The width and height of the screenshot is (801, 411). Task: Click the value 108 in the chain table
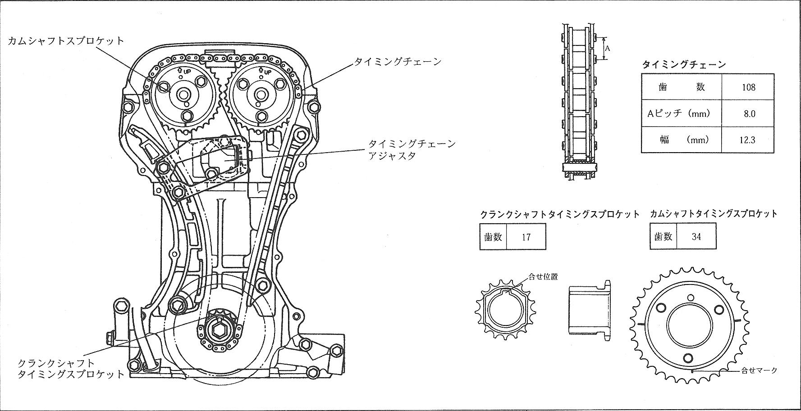pos(748,87)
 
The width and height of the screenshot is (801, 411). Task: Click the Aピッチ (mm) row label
pos(678,113)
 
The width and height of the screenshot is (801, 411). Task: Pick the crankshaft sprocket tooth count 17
pos(526,236)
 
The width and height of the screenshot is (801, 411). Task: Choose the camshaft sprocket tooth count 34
pos(696,236)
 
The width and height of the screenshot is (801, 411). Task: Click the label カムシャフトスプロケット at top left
pos(66,41)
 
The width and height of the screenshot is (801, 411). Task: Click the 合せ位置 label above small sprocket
pos(546,276)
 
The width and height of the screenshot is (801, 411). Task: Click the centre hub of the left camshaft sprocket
pos(183,95)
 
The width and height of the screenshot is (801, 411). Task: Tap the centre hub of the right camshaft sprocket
pos(260,95)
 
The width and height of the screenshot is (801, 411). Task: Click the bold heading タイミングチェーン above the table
pos(684,64)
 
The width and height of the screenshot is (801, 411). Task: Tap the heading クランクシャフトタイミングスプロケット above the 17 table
pos(560,214)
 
